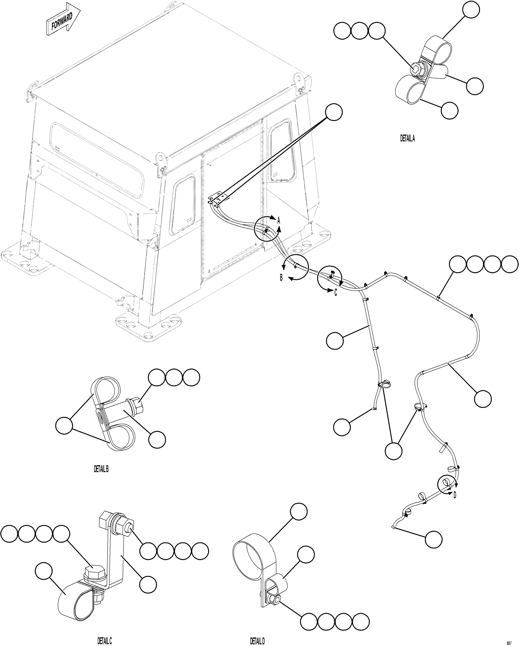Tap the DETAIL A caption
click(x=407, y=138)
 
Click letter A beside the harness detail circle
click(x=278, y=221)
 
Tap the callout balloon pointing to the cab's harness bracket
click(x=334, y=112)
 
